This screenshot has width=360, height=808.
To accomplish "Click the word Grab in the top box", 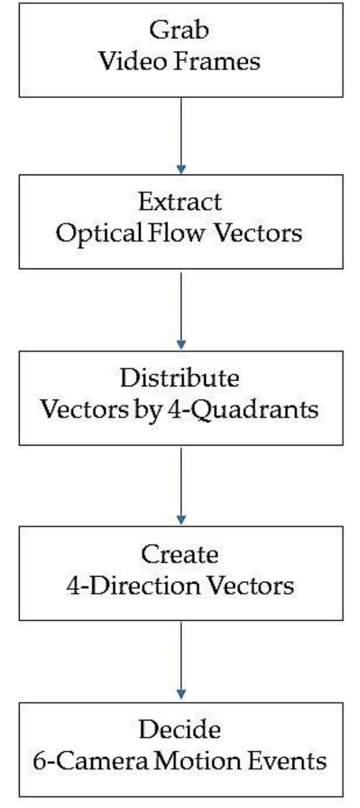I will click(180, 28).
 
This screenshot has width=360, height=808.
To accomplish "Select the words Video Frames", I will click(180, 61).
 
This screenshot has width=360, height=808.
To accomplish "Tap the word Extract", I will click(180, 202).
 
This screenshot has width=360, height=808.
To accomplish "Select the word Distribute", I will click(180, 379).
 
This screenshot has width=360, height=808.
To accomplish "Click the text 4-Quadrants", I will click(264, 410).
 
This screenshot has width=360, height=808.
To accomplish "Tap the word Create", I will click(180, 555).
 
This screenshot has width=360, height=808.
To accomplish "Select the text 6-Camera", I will click(79, 761).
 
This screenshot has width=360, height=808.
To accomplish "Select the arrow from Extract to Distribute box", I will click(182, 309).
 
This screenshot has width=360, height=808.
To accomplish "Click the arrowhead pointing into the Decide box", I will click(182, 693).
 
